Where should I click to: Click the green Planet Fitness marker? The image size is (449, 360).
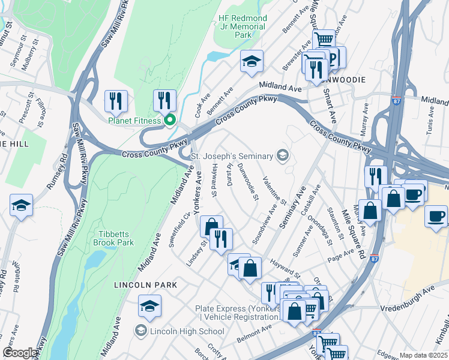pyautogui.click(x=170, y=121)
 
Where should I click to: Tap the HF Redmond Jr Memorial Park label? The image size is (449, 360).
pyautogui.click(x=243, y=26)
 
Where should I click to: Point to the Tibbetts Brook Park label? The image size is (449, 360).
pyautogui.click(x=113, y=238)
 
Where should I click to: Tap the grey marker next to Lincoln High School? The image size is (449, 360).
pyautogui.click(x=140, y=331)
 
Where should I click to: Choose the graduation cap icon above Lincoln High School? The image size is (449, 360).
pyautogui.click(x=149, y=307)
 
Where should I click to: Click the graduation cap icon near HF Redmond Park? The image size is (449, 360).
pyautogui.click(x=252, y=61)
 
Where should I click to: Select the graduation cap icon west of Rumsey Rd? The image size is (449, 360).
pyautogui.click(x=21, y=205)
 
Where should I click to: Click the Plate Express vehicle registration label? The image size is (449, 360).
pyautogui.click(x=237, y=313)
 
